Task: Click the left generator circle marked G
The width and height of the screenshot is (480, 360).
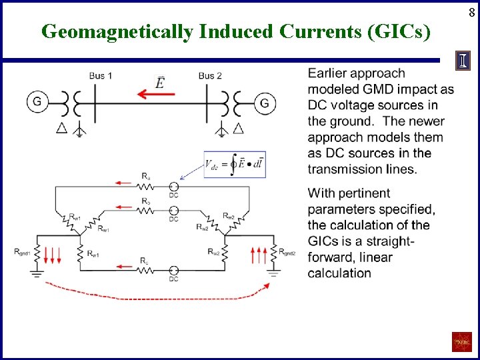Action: (37, 102)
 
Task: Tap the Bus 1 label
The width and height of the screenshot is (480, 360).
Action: (101, 76)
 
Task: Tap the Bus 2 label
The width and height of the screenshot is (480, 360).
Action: (210, 76)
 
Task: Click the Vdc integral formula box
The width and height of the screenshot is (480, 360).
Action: (235, 164)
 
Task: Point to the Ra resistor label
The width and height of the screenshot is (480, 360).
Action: (145, 176)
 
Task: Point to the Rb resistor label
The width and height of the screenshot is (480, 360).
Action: (145, 201)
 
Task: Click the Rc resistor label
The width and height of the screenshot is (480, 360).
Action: (145, 260)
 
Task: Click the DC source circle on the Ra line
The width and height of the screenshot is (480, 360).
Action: (173, 186)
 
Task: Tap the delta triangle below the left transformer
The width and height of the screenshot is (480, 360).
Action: (62, 128)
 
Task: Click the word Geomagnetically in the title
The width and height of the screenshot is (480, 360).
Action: (116, 31)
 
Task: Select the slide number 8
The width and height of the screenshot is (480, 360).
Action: (471, 11)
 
